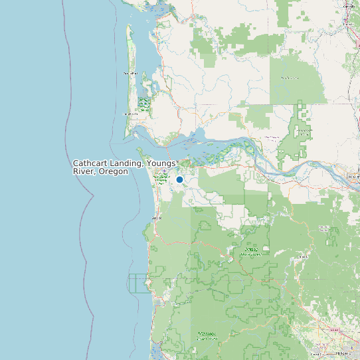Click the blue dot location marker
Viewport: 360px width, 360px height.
pos(179,179)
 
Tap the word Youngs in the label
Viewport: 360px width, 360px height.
pos(162,163)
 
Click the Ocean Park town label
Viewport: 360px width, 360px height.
pos(130,72)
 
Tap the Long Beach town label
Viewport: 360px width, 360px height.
pos(131,114)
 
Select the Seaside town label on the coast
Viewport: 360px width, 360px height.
pos(157,217)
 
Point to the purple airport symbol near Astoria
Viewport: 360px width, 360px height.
pos(165,171)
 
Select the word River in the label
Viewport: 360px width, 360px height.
pos(82,171)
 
